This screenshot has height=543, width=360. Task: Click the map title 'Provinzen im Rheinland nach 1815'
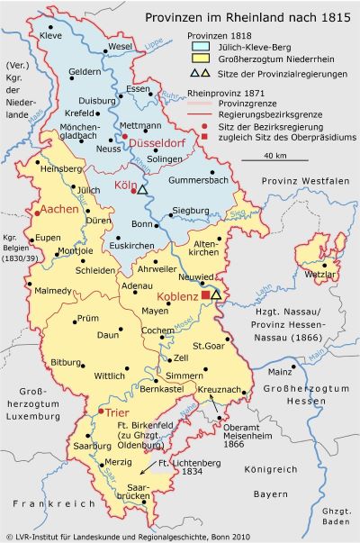pos(253,16)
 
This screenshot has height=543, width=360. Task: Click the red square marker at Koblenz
pos(205,294)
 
